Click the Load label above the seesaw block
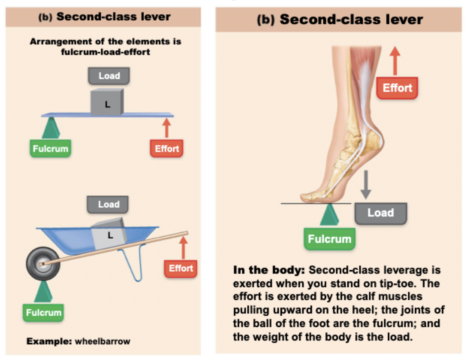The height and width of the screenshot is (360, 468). point(109,76)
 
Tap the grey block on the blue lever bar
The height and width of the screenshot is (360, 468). point(107,102)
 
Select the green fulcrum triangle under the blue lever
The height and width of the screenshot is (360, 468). point(51,128)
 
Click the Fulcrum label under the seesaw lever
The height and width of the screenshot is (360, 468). point(50,148)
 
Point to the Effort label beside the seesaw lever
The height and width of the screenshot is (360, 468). point(166,148)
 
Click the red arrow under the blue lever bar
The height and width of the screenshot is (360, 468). point(166,128)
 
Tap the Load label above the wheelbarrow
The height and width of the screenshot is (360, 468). point(108,204)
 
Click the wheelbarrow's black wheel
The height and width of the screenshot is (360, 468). point(42,264)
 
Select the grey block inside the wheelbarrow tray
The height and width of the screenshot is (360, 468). point(109,234)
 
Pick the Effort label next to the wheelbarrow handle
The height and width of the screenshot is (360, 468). point(181,268)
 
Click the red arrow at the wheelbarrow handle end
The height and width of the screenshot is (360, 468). point(183,247)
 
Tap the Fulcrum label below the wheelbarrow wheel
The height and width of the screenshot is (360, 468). point(43,313)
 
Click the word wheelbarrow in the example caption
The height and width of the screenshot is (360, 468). point(103,341)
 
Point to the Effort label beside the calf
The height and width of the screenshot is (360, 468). point(397,88)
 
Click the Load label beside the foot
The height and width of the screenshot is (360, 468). point(380,213)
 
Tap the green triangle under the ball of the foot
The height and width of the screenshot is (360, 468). point(329,215)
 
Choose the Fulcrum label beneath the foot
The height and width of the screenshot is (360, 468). point(329,239)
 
